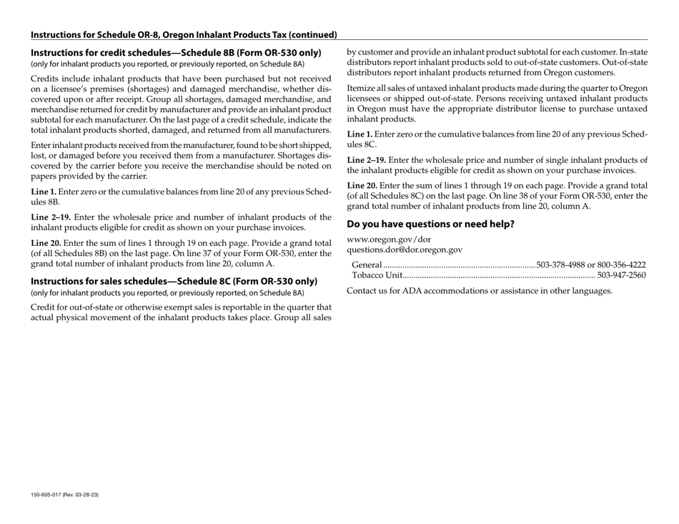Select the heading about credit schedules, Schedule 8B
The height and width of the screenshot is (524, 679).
(x=176, y=52)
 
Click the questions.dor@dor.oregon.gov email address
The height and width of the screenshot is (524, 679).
(x=404, y=249)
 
